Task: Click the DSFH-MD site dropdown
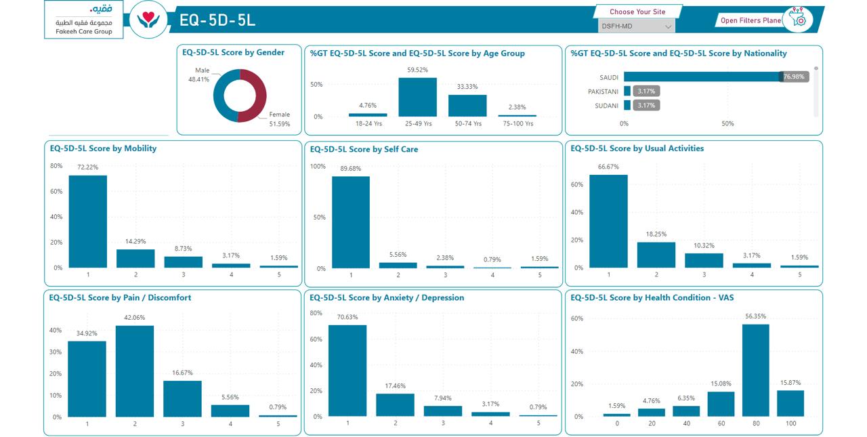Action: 636,26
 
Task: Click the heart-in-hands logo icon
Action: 148,20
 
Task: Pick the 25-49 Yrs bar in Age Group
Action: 418,97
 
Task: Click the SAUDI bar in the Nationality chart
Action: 703,77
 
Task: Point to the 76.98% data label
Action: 794,77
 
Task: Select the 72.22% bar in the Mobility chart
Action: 88,222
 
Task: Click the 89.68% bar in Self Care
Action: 351,222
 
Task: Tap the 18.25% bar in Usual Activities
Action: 656,255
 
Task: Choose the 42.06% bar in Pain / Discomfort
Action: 135,371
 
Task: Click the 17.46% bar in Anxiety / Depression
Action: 395,405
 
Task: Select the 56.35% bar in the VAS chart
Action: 755,371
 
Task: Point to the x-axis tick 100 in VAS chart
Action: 790,423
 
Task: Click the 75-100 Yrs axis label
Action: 518,123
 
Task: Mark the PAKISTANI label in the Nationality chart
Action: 603,91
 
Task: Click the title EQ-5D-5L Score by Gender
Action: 233,52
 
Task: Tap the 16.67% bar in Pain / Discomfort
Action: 182,398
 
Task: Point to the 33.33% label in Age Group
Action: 467,86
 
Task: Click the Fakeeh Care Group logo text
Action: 84,31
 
